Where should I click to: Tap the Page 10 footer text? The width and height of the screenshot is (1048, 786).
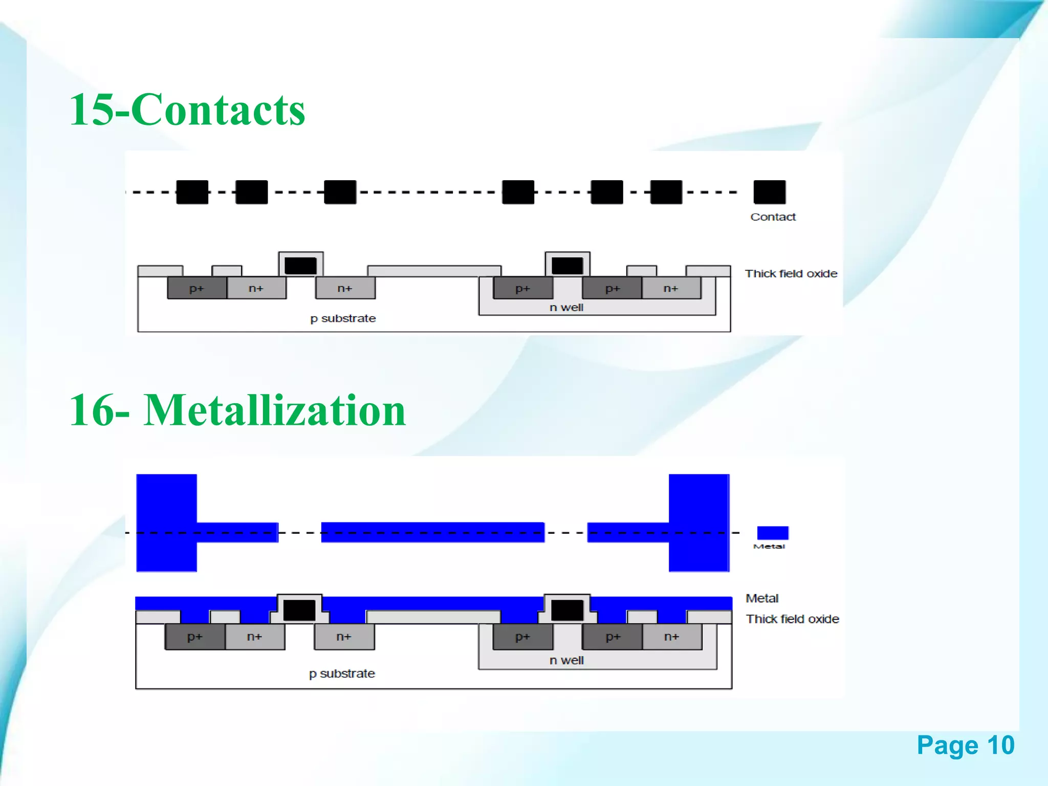965,745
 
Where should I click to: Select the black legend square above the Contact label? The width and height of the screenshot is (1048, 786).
769,192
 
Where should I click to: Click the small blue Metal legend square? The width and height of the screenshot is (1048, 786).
772,533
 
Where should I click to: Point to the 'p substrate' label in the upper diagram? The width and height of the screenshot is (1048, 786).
343,318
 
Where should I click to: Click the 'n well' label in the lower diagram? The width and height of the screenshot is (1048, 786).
566,661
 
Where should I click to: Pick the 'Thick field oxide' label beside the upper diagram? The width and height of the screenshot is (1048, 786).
791,274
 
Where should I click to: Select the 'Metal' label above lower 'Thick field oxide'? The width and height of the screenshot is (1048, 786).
762,598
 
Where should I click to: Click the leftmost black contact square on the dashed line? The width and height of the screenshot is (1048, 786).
192,192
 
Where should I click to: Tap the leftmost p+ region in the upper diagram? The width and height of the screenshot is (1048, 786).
196,289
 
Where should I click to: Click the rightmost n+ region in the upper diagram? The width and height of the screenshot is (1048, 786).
671,289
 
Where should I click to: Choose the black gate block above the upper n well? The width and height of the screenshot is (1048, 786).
567,266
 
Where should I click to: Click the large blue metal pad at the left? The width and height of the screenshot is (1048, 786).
166,522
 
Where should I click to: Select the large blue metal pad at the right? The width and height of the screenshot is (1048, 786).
699,522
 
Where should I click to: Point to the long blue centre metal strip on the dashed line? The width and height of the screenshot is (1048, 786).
432,532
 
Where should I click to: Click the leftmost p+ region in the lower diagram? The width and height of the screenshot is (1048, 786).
194,637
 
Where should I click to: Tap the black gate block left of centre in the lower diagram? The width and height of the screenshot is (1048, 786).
299,610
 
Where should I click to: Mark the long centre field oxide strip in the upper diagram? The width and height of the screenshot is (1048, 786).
434,271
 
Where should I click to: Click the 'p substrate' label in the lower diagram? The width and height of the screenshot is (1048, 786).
342,674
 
